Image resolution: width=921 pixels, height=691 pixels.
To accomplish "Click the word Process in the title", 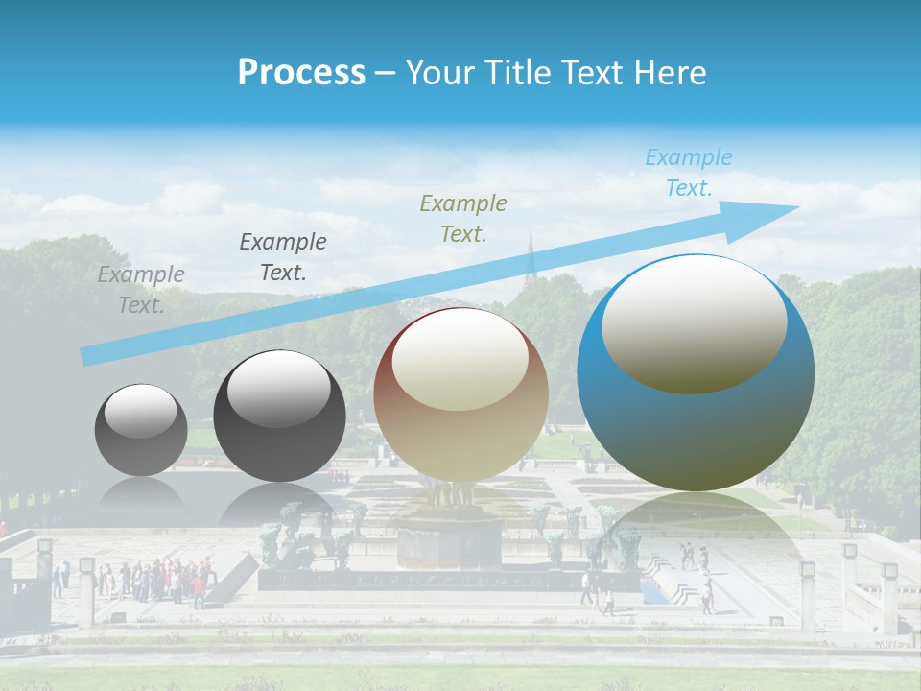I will [301, 73].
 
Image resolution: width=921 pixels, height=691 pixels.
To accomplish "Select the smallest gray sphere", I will [141, 430].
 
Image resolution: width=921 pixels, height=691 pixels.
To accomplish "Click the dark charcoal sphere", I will [279, 417].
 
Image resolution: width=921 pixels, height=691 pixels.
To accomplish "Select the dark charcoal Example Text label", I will [283, 257].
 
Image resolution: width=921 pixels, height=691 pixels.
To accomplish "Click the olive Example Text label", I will [463, 218].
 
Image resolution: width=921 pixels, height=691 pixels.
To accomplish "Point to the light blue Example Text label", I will [689, 173].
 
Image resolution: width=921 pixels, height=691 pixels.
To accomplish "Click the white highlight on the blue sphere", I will [694, 323].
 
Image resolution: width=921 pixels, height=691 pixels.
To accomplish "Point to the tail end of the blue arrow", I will [86, 357].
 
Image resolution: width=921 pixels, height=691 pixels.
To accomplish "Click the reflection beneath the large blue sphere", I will [696, 537].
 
